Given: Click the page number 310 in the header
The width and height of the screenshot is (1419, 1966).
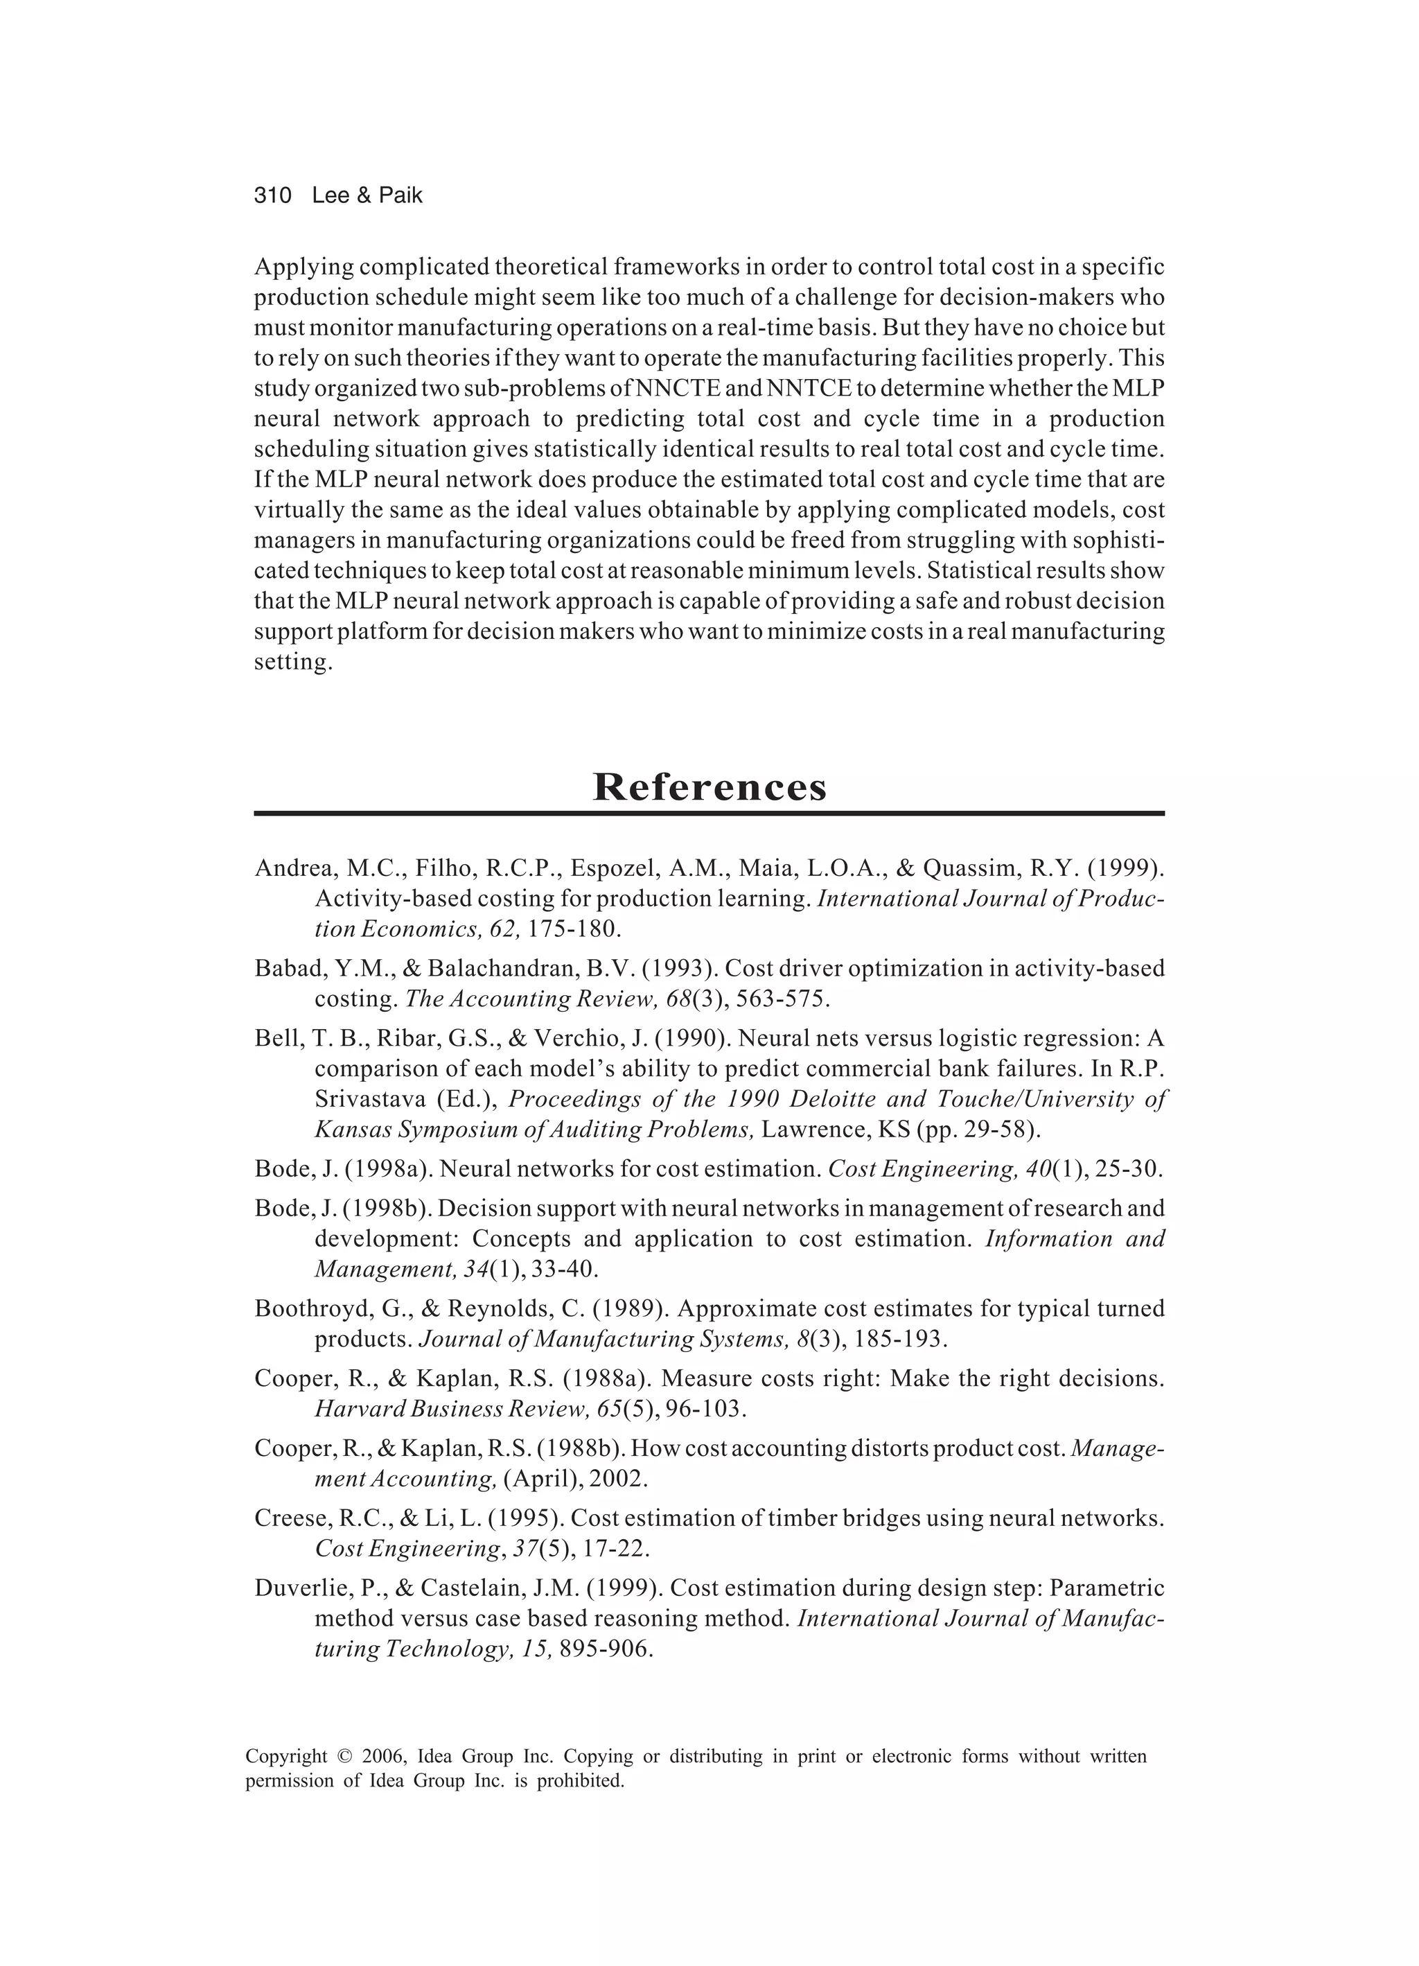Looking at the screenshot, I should click(272, 196).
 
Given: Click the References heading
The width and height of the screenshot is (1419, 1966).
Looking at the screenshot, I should click(709, 787).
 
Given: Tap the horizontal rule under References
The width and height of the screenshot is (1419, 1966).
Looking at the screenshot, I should click(709, 813).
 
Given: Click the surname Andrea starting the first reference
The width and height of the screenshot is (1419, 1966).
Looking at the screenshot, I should click(293, 868).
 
